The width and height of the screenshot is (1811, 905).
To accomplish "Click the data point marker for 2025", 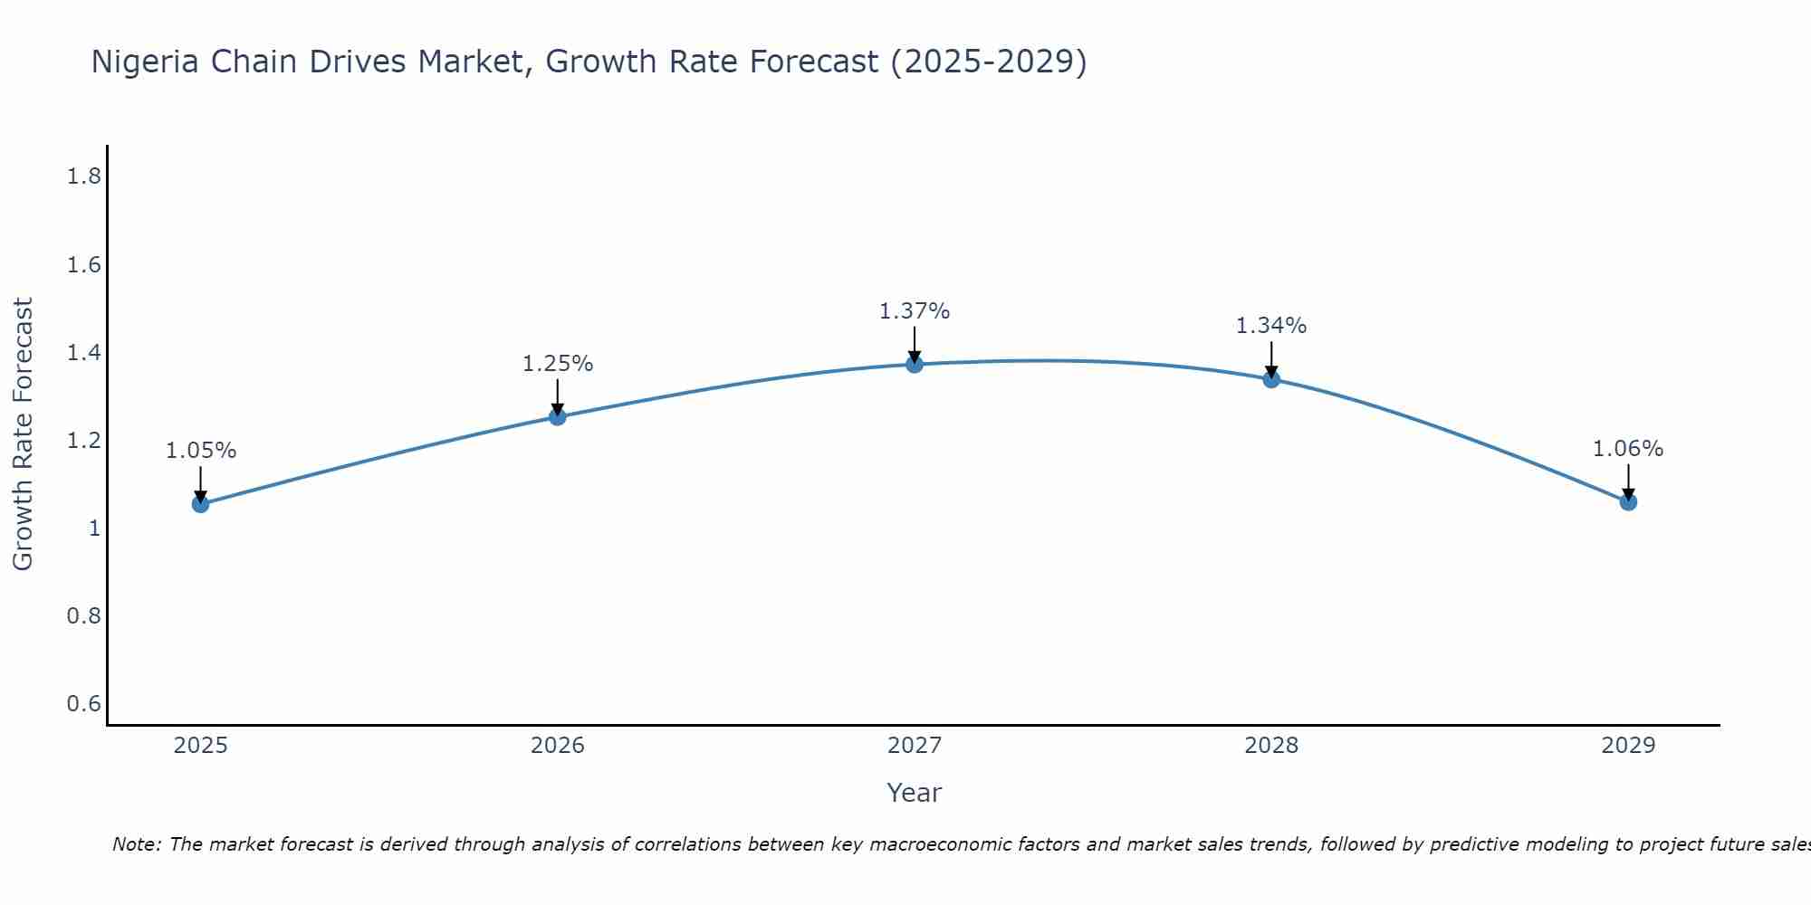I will pyautogui.click(x=200, y=504).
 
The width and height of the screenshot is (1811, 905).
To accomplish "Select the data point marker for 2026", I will pyautogui.click(x=558, y=416).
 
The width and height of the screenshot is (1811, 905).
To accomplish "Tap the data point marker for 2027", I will pyautogui.click(x=915, y=364).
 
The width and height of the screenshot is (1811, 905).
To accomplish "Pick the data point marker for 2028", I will pyautogui.click(x=1271, y=378).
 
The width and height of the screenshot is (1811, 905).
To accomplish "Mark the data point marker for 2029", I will pyautogui.click(x=1628, y=501).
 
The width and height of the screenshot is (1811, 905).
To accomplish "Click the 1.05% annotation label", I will pyautogui.click(x=200, y=451).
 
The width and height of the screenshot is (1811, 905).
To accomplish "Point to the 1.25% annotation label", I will pyautogui.click(x=558, y=364).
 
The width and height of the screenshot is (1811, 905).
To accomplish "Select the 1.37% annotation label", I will pyautogui.click(x=915, y=311).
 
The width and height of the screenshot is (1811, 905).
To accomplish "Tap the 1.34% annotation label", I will pyautogui.click(x=1271, y=326).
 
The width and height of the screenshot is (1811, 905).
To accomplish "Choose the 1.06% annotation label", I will pyautogui.click(x=1628, y=449).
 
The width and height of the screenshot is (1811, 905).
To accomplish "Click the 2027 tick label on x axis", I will pyautogui.click(x=915, y=746).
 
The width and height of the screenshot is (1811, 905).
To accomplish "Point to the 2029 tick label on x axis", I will pyautogui.click(x=1628, y=746).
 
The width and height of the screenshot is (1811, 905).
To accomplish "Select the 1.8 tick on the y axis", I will pyautogui.click(x=83, y=176).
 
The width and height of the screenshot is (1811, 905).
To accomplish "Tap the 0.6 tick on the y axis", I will pyautogui.click(x=83, y=704).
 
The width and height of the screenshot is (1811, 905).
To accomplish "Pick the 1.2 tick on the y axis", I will pyautogui.click(x=83, y=441).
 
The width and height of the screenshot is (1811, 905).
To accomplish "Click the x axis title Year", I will pyautogui.click(x=915, y=793).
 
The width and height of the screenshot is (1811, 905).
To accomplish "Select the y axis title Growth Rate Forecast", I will pyautogui.click(x=23, y=434).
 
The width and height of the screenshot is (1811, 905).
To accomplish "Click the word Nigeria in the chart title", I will pyautogui.click(x=145, y=62).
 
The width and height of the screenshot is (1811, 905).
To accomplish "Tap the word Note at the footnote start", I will pyautogui.click(x=136, y=844).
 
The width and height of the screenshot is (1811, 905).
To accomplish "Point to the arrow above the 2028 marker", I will pyautogui.click(x=1271, y=359).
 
